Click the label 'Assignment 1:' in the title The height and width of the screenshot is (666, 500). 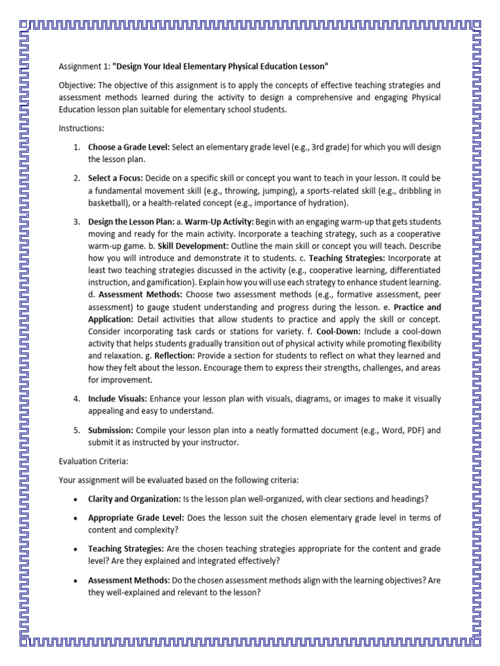(83, 67)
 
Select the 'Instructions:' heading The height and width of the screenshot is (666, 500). (81, 129)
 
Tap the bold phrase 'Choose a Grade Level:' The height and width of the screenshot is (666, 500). (129, 147)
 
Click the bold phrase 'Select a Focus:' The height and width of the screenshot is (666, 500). (115, 178)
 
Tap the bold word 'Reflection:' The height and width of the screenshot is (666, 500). (174, 356)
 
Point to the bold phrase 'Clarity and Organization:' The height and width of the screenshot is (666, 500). (134, 499)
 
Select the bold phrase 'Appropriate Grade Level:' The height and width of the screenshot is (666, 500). (136, 518)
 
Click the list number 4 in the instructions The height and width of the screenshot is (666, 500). (76, 399)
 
